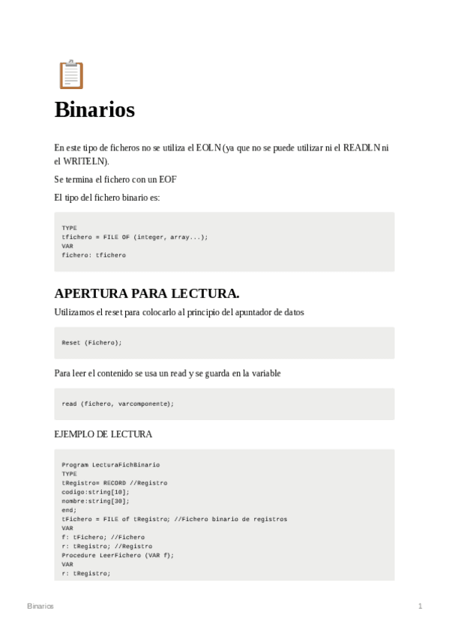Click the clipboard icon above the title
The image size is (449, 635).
click(70, 75)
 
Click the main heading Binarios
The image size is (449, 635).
click(94, 110)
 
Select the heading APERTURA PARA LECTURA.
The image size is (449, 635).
click(147, 293)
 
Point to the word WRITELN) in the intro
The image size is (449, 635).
click(86, 161)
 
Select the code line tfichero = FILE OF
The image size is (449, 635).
click(135, 237)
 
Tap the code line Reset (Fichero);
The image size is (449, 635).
click(91, 342)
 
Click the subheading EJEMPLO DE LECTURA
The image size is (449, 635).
click(103, 434)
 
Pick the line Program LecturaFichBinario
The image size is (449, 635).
click(110, 465)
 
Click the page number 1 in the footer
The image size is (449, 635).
click(421, 606)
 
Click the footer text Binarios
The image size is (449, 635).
click(40, 606)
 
